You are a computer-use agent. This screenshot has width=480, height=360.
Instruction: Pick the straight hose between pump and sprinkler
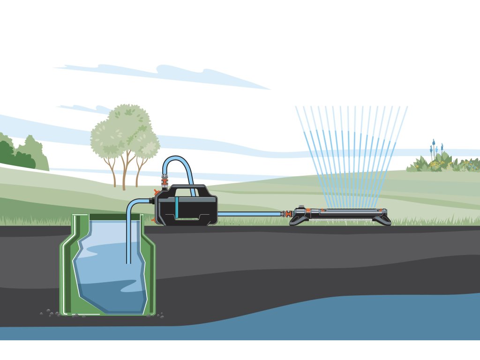tap(248, 214)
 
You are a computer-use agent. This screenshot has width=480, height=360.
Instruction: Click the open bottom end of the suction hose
tap(129, 262)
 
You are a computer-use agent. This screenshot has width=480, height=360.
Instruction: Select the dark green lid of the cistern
tap(108, 217)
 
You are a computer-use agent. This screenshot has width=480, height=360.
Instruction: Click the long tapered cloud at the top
tap(164, 74)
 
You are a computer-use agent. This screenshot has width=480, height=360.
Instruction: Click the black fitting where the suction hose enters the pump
tap(151, 201)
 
